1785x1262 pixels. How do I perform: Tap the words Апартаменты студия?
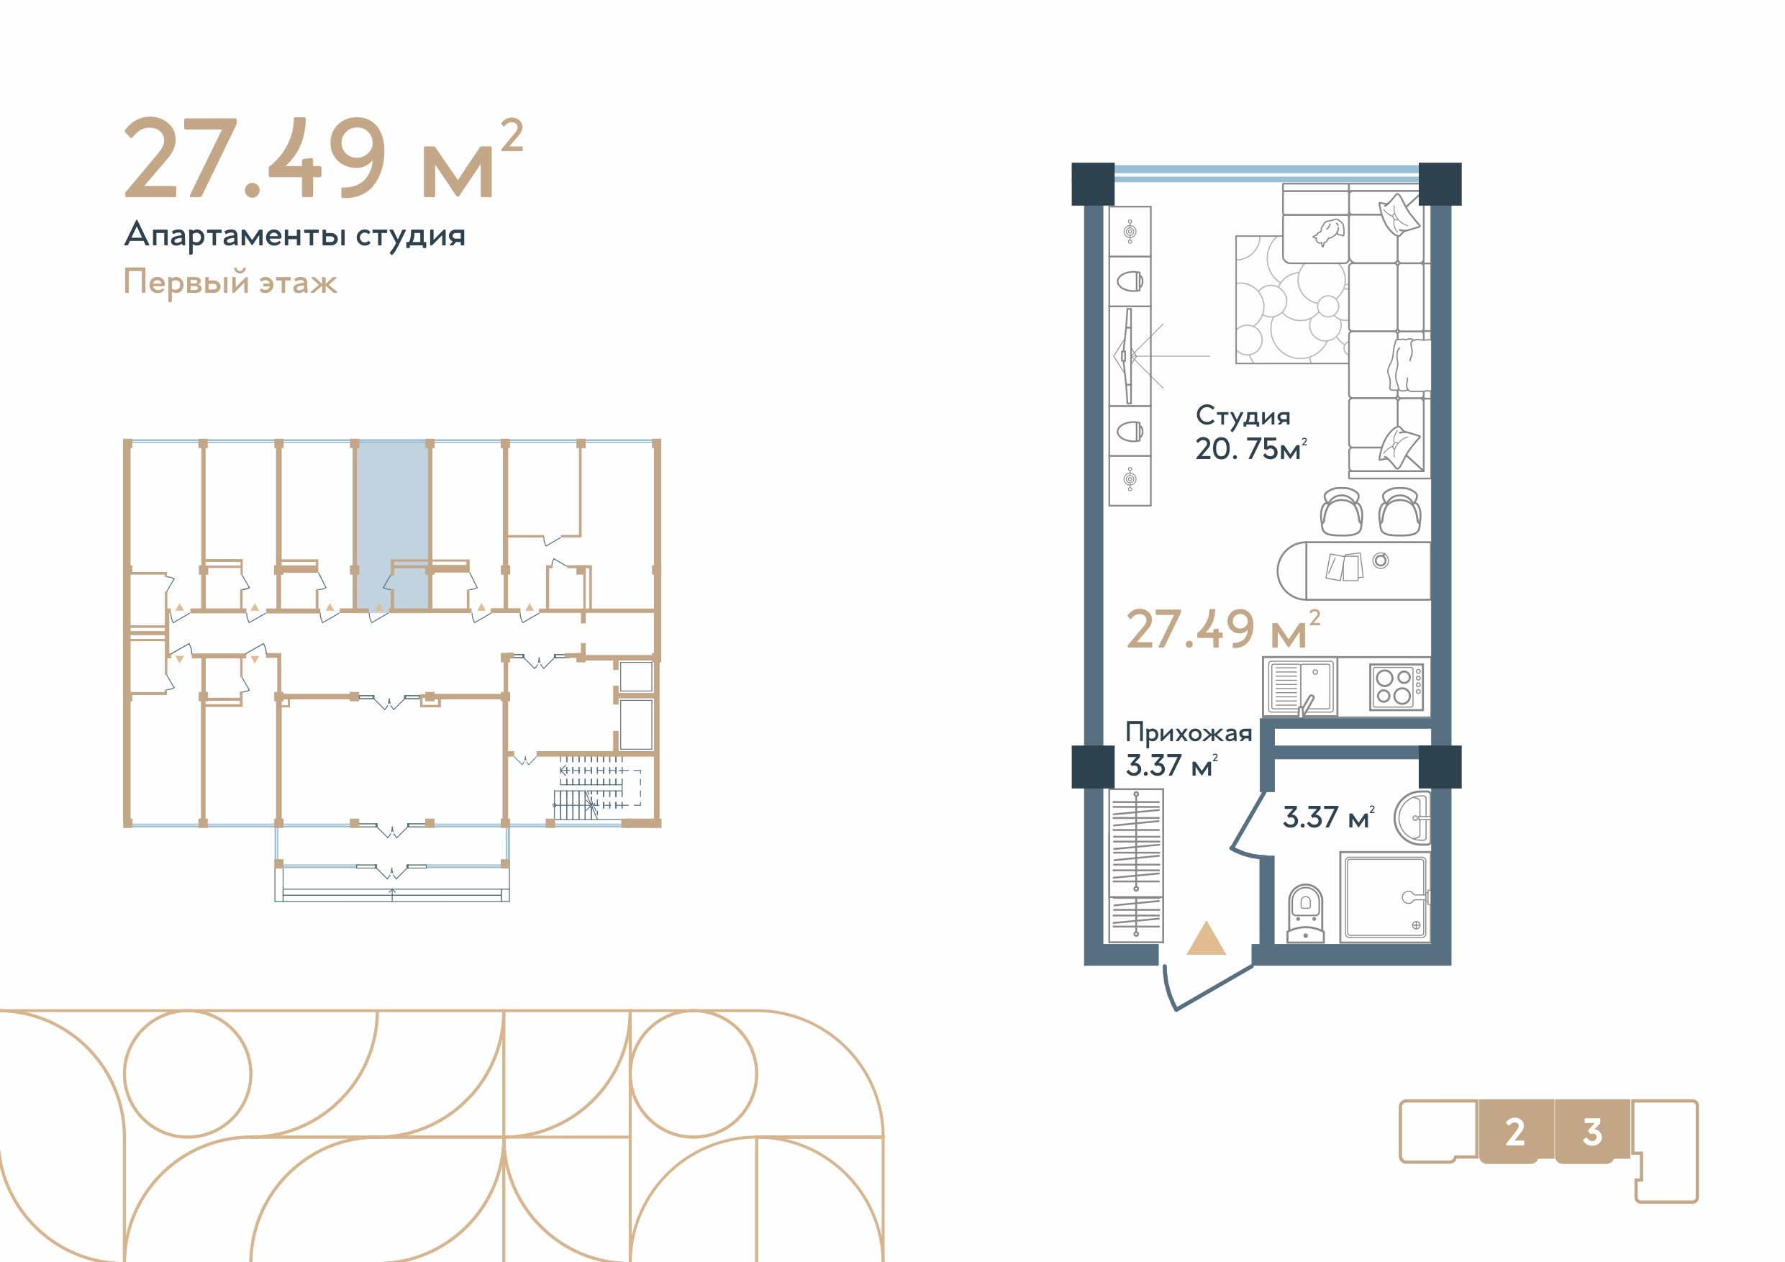295,235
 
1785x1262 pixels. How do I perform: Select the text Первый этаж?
230,281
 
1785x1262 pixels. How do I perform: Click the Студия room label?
1243,417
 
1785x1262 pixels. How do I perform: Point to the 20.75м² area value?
1251,450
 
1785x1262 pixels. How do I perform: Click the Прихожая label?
1189,733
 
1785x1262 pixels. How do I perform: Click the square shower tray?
1385,897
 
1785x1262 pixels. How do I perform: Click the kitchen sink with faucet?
1300,686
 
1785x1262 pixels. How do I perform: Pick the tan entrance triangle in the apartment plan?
1207,938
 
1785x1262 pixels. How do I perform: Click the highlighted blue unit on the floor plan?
392,524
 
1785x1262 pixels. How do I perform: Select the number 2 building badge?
1514,1133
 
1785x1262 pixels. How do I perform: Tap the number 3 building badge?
1592,1133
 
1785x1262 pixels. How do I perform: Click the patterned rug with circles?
1291,299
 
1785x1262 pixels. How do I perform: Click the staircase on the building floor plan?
595,790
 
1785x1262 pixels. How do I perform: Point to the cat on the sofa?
1329,232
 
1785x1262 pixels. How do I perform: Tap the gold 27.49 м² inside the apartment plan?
1224,630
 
